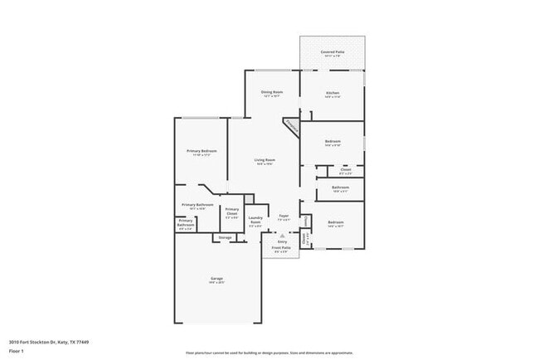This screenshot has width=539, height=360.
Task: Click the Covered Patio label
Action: click(332, 51)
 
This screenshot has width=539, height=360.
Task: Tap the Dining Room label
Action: click(272, 92)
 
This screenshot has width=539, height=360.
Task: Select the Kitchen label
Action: click(332, 92)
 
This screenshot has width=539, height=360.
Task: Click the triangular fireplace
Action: click(291, 126)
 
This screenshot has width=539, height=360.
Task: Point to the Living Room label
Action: click(265, 159)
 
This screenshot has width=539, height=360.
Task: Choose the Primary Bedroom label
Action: click(202, 151)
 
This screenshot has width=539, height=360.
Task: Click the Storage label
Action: click(224, 238)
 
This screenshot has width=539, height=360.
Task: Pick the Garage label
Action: click(216, 278)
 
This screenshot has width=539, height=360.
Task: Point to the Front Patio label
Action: click(280, 247)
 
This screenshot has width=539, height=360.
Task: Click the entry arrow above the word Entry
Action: click(281, 236)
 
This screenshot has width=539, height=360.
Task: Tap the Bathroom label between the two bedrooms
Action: click(340, 187)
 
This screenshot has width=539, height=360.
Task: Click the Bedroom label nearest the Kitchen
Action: click(333, 143)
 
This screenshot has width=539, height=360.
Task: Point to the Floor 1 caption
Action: click(17, 351)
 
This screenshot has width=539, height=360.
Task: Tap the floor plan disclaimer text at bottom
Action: click(269, 352)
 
